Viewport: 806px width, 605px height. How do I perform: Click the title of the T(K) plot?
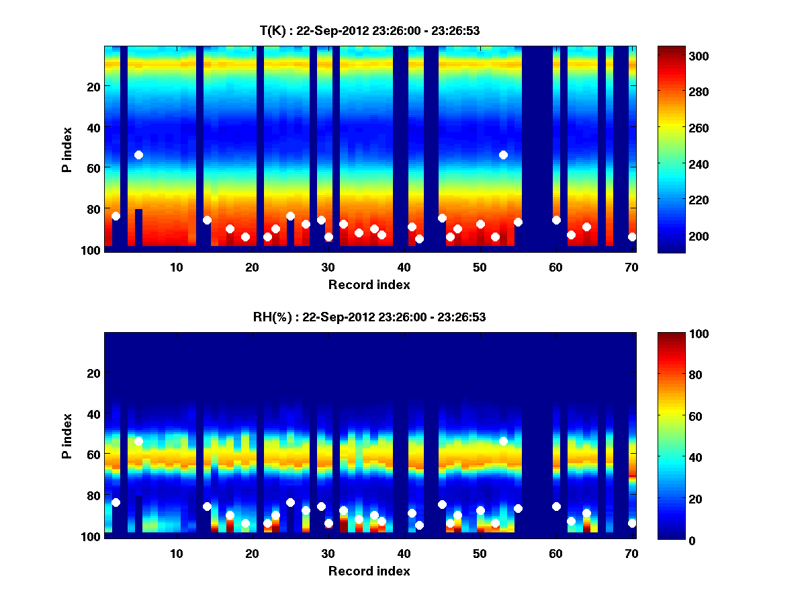coord(369,30)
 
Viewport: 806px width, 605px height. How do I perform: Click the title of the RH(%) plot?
coord(369,317)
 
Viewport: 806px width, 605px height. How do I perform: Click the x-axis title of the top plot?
coord(369,284)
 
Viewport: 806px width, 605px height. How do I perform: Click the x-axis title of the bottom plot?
coord(369,571)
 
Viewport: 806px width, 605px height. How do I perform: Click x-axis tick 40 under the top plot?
coord(404,267)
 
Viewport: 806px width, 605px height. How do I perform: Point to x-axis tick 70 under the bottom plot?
coord(631,553)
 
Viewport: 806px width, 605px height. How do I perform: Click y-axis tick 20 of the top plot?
coord(93,86)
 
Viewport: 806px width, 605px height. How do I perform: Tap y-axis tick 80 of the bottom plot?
coord(93,495)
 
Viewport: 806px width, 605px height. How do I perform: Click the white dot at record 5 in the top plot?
coord(138,155)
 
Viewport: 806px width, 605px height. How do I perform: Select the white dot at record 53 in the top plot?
coord(503,155)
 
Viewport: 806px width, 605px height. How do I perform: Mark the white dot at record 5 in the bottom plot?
coord(138,441)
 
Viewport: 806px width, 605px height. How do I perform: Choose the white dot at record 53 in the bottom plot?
coord(503,441)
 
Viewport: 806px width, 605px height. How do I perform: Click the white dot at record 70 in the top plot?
coord(632,237)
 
